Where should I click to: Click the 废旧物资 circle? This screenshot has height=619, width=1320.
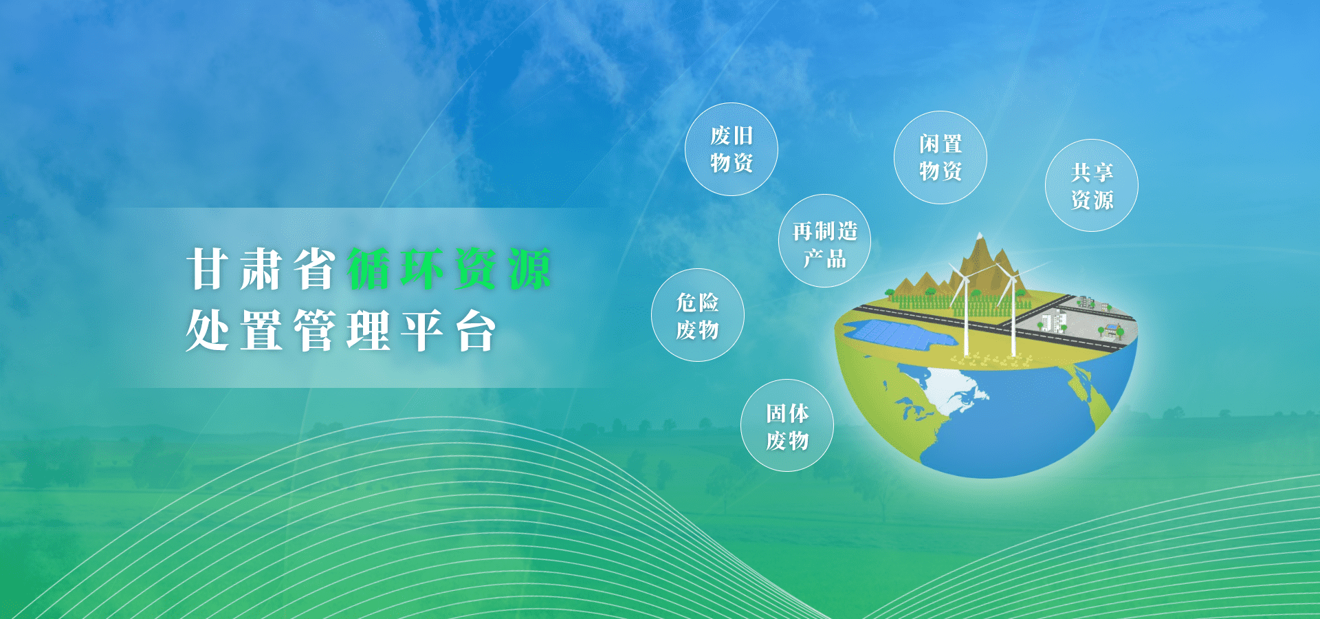[x=731, y=149]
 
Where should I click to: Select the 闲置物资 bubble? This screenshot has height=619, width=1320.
[x=940, y=158]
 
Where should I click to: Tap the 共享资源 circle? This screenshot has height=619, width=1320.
[x=1092, y=186]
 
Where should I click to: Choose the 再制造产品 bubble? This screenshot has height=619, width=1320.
[x=825, y=241]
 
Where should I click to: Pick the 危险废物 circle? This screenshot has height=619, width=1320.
[x=698, y=315]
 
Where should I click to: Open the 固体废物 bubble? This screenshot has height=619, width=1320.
[x=787, y=426]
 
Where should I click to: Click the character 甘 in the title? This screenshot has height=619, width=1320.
[x=207, y=269]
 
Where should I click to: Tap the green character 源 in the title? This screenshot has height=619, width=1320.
[x=530, y=269]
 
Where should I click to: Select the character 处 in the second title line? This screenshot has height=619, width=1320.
[x=207, y=331]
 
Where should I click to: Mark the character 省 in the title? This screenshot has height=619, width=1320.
[x=315, y=269]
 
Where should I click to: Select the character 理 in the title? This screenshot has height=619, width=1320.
[x=368, y=331]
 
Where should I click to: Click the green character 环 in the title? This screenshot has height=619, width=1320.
[x=422, y=269]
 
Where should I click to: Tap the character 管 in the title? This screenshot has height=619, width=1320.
[x=315, y=331]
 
